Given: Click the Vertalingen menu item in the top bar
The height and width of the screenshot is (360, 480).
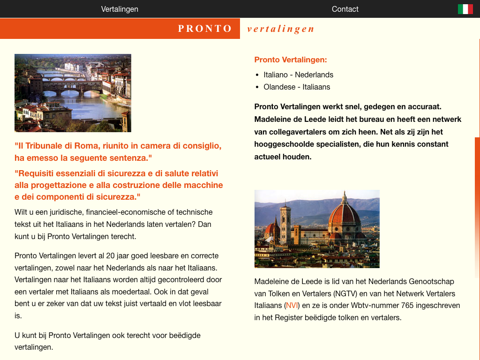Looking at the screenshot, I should [x=120, y=9].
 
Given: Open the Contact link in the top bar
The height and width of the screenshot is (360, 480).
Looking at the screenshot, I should [x=345, y=9].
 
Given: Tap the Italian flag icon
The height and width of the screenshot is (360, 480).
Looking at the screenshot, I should [x=465, y=9].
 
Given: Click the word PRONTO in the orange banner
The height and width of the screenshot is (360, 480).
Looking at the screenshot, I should [x=205, y=29].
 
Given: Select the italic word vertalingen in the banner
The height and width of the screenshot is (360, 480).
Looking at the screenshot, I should [x=280, y=29].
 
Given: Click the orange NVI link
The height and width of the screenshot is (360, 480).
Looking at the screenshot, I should [x=292, y=306].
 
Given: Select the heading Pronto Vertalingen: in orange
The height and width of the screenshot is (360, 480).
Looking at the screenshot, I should [x=291, y=60].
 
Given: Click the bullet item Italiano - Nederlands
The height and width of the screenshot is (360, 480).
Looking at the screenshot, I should [x=298, y=75].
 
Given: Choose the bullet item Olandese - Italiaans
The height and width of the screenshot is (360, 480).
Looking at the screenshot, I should [x=297, y=87].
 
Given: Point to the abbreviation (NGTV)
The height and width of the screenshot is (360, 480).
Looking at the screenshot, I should [x=348, y=294].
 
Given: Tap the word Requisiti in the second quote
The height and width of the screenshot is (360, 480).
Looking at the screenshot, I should [x=37, y=173].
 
